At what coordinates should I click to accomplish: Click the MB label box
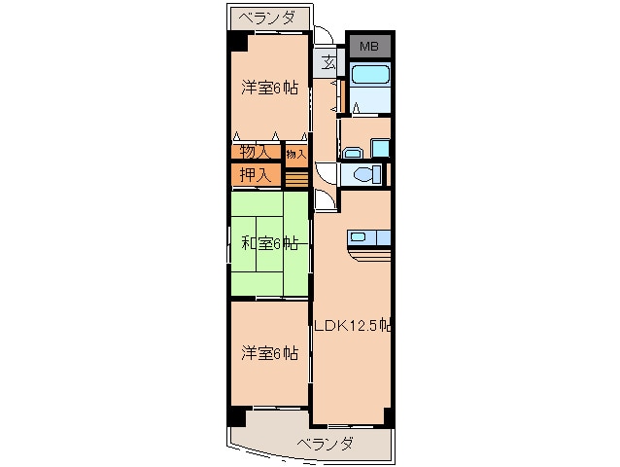(369, 46)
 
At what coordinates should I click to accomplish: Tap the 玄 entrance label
(329, 65)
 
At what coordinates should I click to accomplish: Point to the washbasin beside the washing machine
(352, 151)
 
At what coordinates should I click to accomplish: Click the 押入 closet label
(256, 175)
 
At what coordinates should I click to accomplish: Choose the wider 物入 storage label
(255, 152)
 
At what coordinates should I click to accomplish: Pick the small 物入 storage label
(296, 153)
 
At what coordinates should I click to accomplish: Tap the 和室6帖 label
(269, 243)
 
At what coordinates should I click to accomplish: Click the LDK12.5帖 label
(352, 325)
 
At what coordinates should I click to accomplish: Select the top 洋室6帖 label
(269, 88)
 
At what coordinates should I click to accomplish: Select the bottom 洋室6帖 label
(269, 352)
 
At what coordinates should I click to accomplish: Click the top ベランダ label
(270, 18)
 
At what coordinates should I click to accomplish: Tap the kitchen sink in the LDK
(359, 236)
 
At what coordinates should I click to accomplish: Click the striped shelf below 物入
(296, 177)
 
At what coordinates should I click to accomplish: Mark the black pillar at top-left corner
(237, 42)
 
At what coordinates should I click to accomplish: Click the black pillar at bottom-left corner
(236, 413)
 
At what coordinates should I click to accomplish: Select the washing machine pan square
(380, 149)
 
